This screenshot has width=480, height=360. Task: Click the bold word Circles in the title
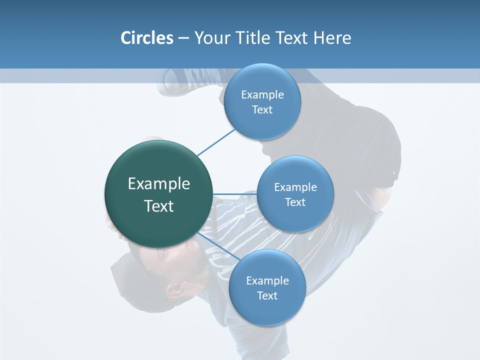tap(146, 38)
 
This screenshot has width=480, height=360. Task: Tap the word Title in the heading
tap(254, 38)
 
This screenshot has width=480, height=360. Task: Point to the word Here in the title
tap(332, 38)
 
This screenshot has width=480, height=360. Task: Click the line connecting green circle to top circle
tap(216, 142)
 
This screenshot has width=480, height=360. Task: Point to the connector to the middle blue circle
tap(234, 194)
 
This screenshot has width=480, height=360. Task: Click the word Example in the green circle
tap(159, 184)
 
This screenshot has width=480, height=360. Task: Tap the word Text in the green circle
tap(159, 206)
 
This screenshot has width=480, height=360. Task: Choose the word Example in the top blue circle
tap(262, 95)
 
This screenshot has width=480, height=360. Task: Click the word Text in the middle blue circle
tap(295, 202)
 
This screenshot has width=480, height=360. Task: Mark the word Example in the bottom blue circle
tap(267, 280)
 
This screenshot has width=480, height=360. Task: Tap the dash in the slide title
tap(183, 38)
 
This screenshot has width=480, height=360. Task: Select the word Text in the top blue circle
tap(262, 110)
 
